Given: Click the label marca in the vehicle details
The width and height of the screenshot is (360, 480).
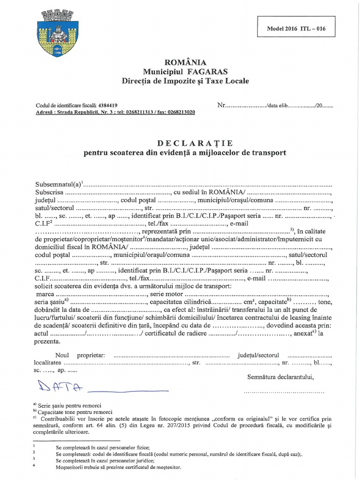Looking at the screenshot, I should [44, 294].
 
